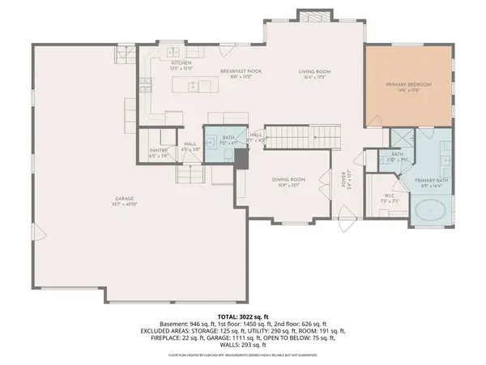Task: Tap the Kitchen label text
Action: [x=180, y=63]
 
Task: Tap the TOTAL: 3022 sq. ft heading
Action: [x=242, y=313]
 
